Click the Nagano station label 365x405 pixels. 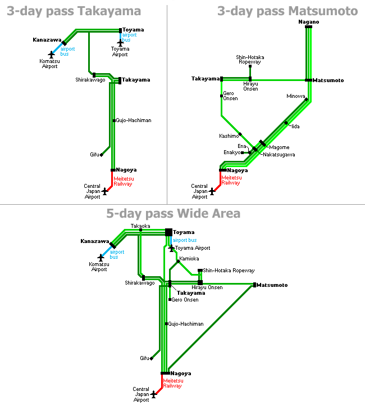[x=308, y=22]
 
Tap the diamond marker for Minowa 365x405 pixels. [x=306, y=99]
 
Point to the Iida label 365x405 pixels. [x=295, y=127]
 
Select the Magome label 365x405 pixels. [x=279, y=147]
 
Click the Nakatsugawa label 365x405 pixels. [x=279, y=155]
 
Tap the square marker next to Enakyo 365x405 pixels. [x=243, y=152]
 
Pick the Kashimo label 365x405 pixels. [x=229, y=136]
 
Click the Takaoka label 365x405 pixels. [x=140, y=226]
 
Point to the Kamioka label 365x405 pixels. [x=189, y=259]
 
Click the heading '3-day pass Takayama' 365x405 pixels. [x=74, y=11]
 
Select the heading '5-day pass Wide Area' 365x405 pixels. [x=173, y=214]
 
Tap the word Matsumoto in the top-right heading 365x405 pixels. [x=323, y=11]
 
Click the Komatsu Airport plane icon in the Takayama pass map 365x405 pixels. [x=52, y=55]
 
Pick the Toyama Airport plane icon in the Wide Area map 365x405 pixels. [x=171, y=248]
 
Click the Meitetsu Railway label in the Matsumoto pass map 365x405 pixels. [x=231, y=181]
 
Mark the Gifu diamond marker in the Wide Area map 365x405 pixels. [x=151, y=358]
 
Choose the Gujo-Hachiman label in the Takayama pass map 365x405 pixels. [x=134, y=120]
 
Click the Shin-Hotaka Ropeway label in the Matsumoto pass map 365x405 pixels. [x=250, y=60]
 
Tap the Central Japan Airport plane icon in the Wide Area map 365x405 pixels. [x=154, y=394]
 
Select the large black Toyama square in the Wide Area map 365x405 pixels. [x=168, y=232]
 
